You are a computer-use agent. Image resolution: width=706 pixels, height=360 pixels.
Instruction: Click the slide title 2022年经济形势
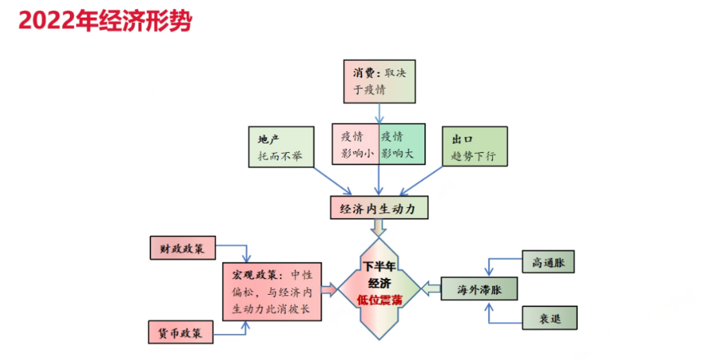pyautogui.click(x=105, y=21)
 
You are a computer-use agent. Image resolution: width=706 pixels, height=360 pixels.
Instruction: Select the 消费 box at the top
pyautogui.click(x=379, y=82)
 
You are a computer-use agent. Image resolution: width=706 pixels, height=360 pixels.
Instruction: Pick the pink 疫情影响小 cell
pyautogui.click(x=356, y=145)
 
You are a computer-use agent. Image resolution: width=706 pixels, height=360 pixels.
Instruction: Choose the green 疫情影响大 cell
pyautogui.click(x=402, y=145)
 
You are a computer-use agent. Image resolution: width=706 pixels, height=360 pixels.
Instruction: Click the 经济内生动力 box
pyautogui.click(x=379, y=208)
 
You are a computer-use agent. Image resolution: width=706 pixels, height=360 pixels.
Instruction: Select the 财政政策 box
pyautogui.click(x=182, y=248)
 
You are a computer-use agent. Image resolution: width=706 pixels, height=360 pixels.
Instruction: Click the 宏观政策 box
pyautogui.click(x=272, y=291)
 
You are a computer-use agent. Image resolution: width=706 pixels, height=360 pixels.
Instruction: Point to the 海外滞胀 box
pyautogui.click(x=479, y=289)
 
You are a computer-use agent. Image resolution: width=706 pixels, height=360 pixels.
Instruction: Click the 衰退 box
pyautogui.click(x=550, y=318)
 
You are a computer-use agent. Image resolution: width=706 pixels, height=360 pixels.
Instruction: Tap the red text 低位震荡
pyautogui.click(x=379, y=301)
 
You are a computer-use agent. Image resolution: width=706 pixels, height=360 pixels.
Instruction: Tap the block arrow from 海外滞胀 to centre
pyautogui.click(x=431, y=288)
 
